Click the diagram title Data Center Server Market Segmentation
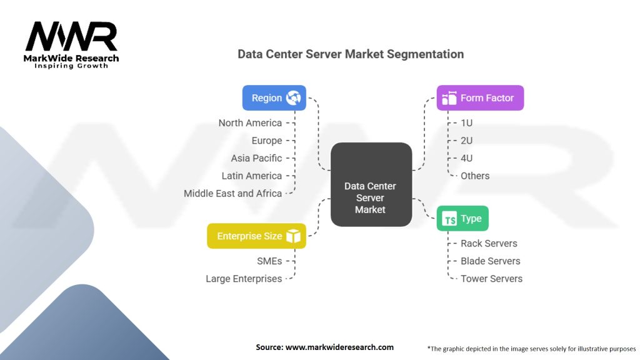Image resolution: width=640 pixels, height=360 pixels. (351, 54)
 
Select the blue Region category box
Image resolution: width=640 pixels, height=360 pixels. (274, 98)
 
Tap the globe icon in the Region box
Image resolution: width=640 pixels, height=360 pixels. (293, 98)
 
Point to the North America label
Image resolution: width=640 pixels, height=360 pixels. (250, 123)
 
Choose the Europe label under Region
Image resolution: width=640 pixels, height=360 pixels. (267, 141)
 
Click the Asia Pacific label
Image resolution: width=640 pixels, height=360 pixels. (256, 158)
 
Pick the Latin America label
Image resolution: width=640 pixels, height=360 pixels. (252, 176)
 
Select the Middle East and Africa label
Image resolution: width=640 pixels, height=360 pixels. (232, 193)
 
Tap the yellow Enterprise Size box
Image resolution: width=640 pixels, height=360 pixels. (256, 236)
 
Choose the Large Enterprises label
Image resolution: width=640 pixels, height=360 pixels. (244, 279)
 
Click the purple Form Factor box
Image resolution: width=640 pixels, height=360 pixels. (479, 98)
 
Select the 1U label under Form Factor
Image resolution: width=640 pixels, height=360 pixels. (466, 123)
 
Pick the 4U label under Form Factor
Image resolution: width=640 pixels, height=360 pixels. (466, 158)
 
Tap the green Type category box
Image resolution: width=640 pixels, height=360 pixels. (462, 219)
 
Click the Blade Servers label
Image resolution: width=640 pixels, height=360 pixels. (490, 261)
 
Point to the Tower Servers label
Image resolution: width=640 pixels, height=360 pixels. (491, 279)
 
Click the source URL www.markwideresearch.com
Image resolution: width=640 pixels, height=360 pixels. (339, 347)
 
